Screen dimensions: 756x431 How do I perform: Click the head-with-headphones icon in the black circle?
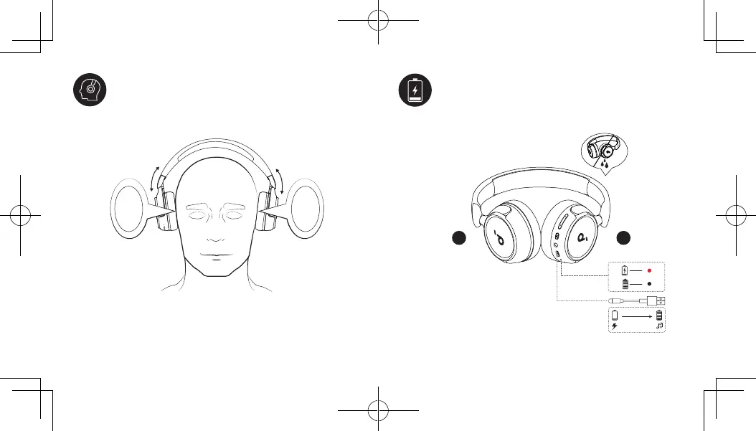(x=90, y=90)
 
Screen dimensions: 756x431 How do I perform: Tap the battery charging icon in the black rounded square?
(x=415, y=90)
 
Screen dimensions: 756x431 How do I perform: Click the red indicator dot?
(x=648, y=271)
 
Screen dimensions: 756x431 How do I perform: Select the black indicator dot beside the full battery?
(x=648, y=284)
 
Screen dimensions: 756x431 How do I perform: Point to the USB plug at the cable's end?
(x=659, y=300)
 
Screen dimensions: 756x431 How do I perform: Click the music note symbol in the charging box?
(x=659, y=326)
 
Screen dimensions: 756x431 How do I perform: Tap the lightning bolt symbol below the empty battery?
(x=615, y=326)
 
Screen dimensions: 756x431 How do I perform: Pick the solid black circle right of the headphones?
(x=626, y=237)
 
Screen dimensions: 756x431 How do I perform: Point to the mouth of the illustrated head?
(x=215, y=255)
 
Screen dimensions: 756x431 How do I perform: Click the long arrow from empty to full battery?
(x=637, y=315)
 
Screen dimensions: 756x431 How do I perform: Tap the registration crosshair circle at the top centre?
(x=377, y=22)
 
